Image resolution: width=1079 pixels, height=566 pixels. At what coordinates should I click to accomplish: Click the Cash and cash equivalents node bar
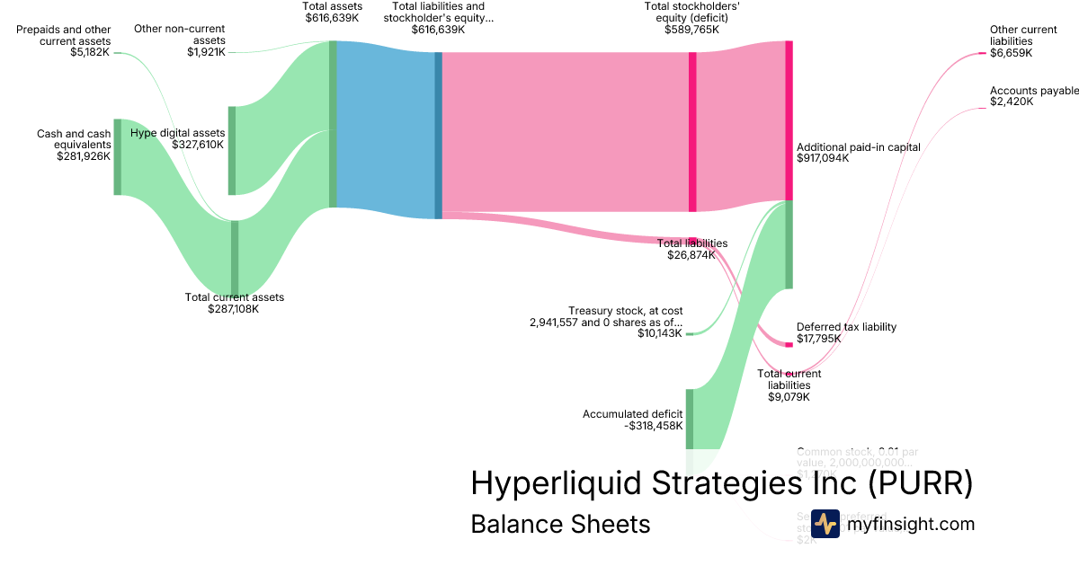pyautogui.click(x=117, y=156)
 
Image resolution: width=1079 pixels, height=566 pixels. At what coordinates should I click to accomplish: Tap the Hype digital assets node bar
pyautogui.click(x=231, y=150)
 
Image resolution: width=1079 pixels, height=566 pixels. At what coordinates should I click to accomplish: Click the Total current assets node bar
pyautogui.click(x=235, y=257)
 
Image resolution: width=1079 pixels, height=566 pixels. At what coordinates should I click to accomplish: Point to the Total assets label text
pyautogui.click(x=332, y=5)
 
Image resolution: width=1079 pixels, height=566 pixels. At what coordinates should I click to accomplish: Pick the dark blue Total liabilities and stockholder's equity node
pyautogui.click(x=438, y=135)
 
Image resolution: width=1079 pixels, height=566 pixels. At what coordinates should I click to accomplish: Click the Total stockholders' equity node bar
pyautogui.click(x=692, y=132)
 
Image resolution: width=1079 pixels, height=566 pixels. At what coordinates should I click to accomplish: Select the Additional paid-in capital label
pyautogui.click(x=858, y=146)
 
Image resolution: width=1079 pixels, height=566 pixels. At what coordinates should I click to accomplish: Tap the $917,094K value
pyautogui.click(x=823, y=158)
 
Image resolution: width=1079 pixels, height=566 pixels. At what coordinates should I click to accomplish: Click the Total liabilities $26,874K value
pyautogui.click(x=691, y=255)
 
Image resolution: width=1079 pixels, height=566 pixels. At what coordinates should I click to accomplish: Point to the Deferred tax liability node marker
pyautogui.click(x=789, y=344)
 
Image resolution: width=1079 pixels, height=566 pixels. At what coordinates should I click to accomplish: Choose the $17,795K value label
pyautogui.click(x=818, y=339)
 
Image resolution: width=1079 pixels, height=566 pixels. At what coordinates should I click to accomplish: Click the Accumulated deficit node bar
pyautogui.click(x=690, y=419)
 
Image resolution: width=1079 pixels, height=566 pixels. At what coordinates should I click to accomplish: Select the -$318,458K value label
pyautogui.click(x=653, y=426)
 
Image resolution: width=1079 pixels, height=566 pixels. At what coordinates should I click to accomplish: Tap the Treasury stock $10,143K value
pyautogui.click(x=661, y=334)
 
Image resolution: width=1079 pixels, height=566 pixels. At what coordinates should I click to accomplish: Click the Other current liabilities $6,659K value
pyautogui.click(x=1011, y=53)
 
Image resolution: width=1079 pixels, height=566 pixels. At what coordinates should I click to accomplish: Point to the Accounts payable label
pyautogui.click(x=1034, y=91)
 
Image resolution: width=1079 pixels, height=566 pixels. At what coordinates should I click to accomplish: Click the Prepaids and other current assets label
pyautogui.click(x=64, y=36)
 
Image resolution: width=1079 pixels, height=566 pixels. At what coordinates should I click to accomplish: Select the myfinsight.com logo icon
pyautogui.click(x=825, y=524)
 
